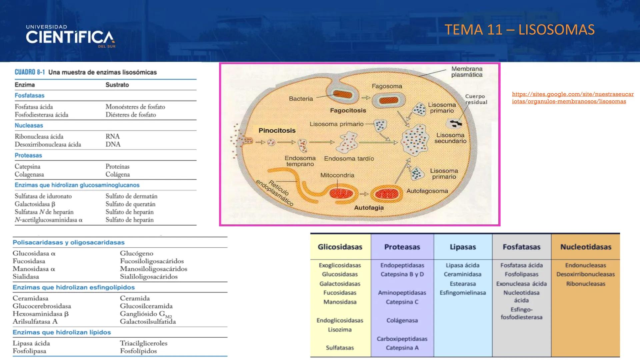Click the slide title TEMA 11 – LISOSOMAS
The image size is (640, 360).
click(x=519, y=30)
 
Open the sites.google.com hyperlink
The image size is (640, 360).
click(x=572, y=98)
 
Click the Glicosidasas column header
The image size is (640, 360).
click(x=340, y=247)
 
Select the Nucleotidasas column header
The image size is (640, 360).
click(x=585, y=247)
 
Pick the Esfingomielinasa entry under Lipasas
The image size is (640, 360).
click(x=462, y=293)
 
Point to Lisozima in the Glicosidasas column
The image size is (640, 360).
click(x=339, y=329)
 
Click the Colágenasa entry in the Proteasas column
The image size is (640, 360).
click(x=402, y=320)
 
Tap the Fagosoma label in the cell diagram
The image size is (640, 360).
click(x=387, y=86)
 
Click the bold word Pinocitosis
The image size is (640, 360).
click(x=277, y=130)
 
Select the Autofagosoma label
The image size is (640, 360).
click(x=427, y=191)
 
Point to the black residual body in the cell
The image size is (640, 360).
click(x=456, y=124)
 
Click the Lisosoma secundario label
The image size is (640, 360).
click(x=450, y=138)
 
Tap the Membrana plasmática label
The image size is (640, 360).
click(x=467, y=72)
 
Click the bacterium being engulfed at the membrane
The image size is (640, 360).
click(x=342, y=95)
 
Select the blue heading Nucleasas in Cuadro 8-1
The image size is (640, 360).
click(x=29, y=126)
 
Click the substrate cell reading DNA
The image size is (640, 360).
click(x=113, y=144)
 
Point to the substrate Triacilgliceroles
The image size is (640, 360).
click(x=143, y=343)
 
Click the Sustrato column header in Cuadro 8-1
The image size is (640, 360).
click(x=117, y=85)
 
